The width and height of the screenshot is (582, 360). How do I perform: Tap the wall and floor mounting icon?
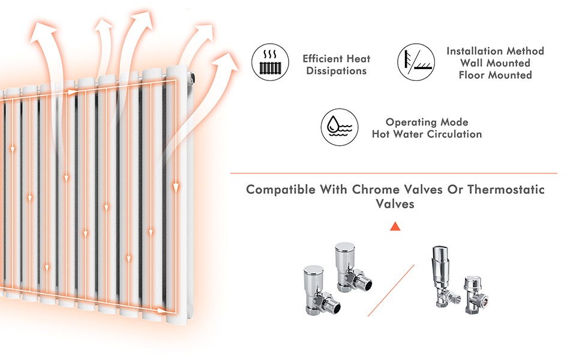click(416, 61)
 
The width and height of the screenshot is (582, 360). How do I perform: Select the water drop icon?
click(340, 127)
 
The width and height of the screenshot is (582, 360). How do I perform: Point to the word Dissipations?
click(337, 71)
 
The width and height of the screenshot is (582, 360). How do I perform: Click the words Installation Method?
click(495, 51)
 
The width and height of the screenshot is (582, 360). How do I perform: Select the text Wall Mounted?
click(495, 63)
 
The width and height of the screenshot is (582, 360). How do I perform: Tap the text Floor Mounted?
click(495, 75)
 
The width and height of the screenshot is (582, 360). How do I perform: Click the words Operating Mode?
click(427, 122)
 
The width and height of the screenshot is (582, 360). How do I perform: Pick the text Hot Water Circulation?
click(427, 134)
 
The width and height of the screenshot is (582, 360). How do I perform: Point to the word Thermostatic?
click(506, 190)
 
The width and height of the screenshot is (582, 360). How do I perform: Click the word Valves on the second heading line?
click(395, 204)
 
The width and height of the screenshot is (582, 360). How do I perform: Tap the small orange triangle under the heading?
click(395, 226)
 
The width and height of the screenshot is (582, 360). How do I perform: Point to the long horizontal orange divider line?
click(394, 173)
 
